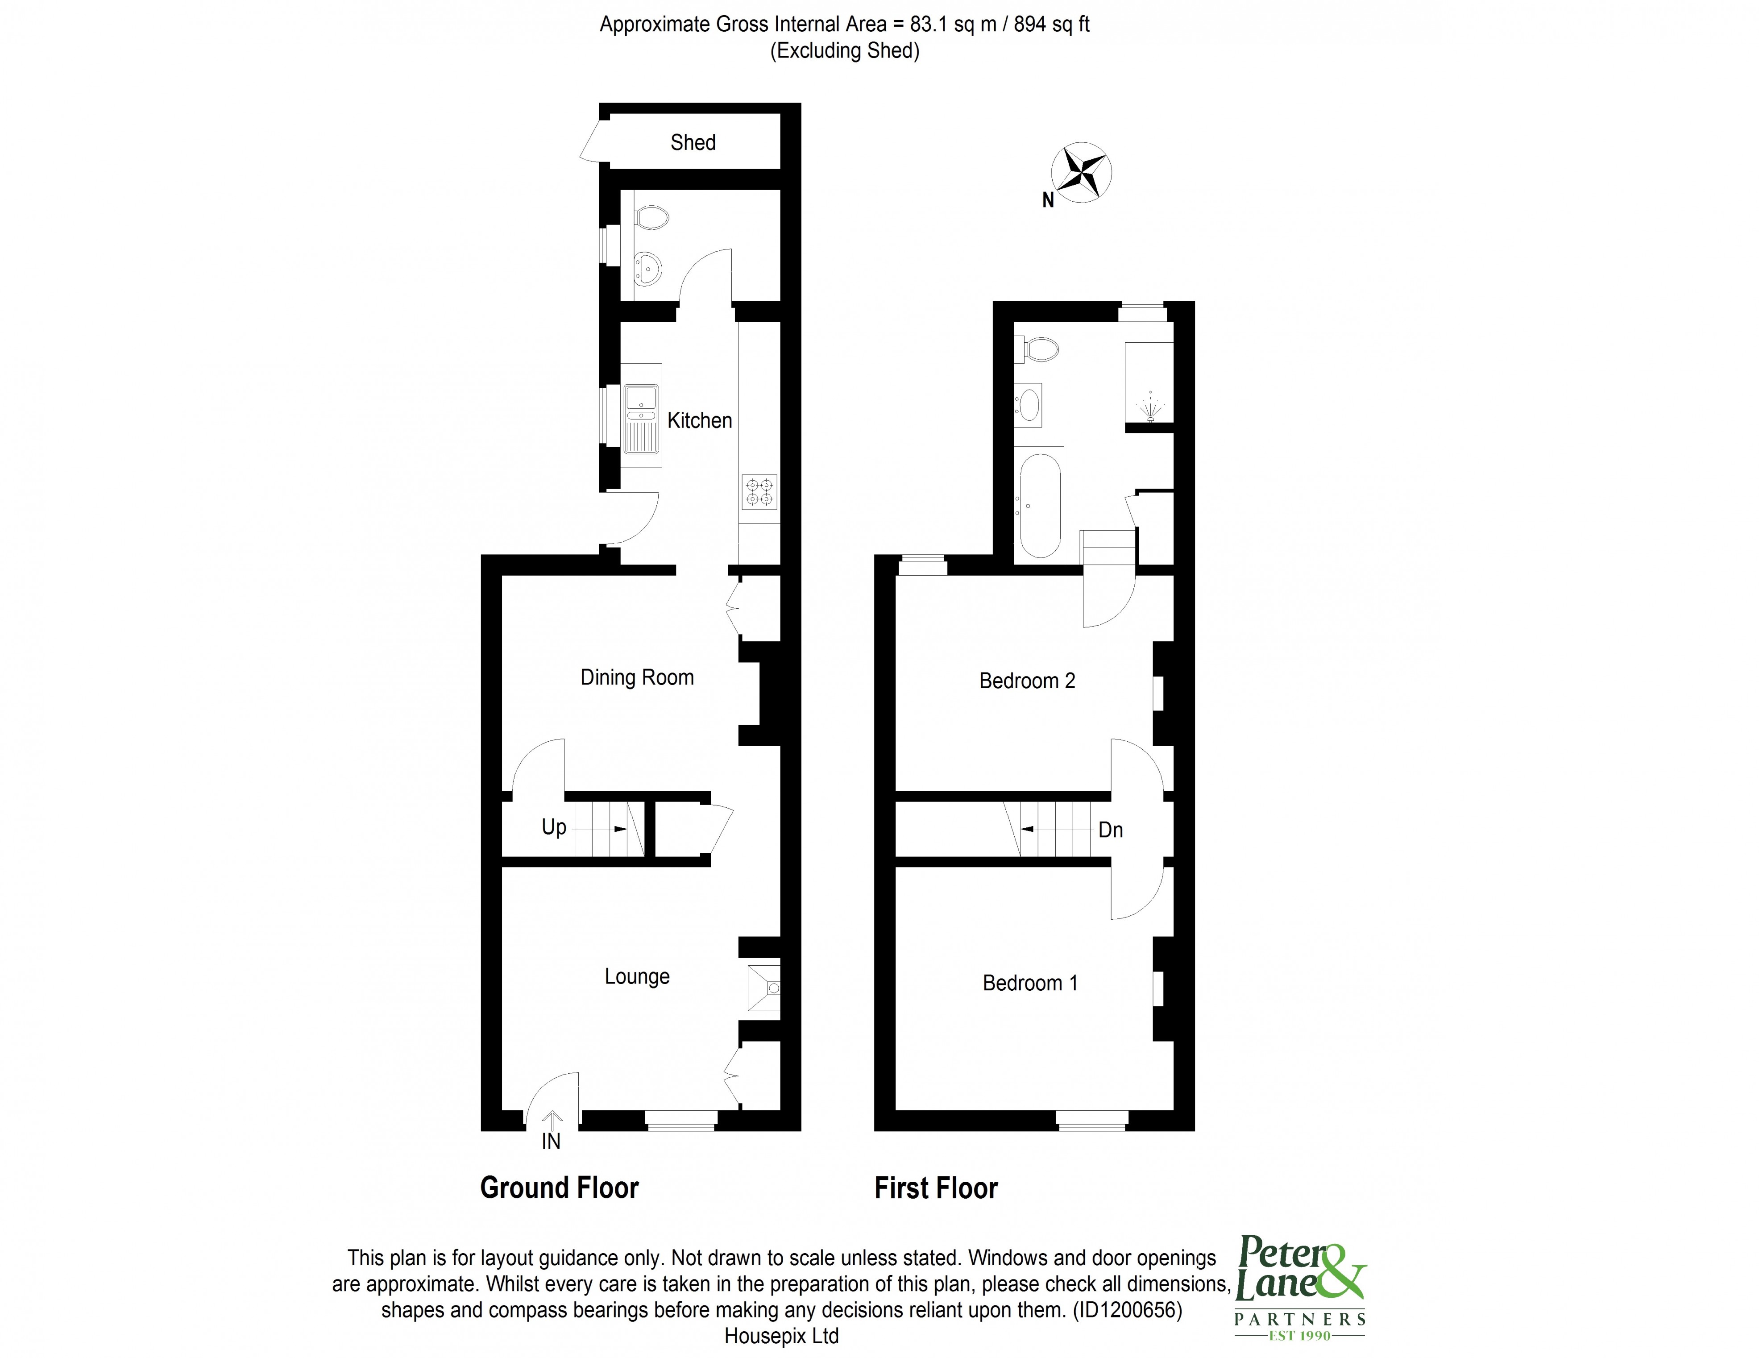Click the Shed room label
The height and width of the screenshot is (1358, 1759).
693,142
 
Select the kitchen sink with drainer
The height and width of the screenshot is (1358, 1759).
642,426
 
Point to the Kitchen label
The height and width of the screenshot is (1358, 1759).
699,420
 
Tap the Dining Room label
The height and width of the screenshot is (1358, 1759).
637,677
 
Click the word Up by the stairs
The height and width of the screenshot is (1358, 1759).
554,827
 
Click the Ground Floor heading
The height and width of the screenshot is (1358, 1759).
559,1188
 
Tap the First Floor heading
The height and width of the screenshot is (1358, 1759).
936,1188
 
